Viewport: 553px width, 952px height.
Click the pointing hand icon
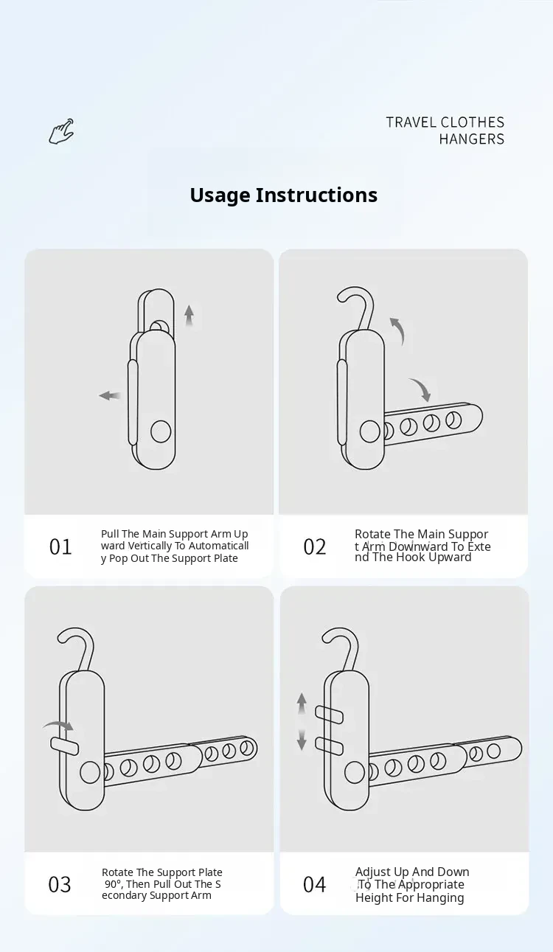(62, 131)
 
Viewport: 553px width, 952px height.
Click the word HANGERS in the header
(471, 139)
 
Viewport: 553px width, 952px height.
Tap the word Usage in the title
(220, 196)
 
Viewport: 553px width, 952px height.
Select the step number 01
(60, 547)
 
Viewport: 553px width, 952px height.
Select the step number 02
(315, 547)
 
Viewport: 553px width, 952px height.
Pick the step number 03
(60, 884)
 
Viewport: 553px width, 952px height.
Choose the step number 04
(315, 884)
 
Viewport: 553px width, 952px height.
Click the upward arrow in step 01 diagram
(189, 316)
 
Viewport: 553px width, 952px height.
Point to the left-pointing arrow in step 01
(110, 396)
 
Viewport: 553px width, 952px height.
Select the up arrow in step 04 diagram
(302, 703)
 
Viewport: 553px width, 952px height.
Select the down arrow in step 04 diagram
(302, 740)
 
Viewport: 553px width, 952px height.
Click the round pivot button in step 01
(161, 431)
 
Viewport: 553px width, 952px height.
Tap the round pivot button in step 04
(355, 772)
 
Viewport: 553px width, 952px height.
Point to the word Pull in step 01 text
(110, 534)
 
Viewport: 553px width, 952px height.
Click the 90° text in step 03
(114, 884)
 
